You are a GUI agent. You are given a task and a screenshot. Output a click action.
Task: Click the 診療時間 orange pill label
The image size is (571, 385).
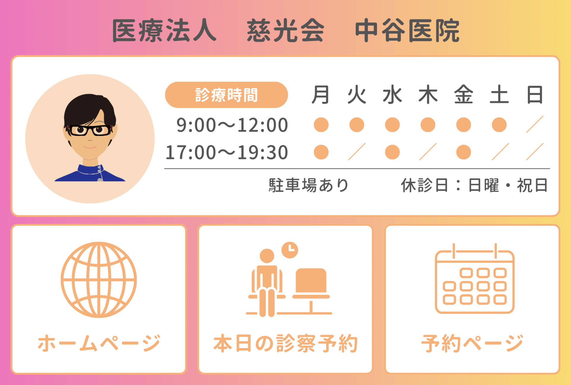tap(226, 95)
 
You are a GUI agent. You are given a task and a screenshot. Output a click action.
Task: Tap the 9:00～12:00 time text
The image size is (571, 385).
tap(232, 125)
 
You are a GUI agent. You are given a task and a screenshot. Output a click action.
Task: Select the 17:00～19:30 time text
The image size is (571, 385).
tap(227, 153)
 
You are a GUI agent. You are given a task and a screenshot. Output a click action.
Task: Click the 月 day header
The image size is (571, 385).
tap(321, 95)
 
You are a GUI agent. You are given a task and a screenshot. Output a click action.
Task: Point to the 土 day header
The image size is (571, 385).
tap(499, 95)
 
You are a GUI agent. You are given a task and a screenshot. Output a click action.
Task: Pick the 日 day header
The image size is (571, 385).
tap(535, 95)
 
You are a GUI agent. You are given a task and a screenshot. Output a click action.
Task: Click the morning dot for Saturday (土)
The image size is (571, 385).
tap(499, 125)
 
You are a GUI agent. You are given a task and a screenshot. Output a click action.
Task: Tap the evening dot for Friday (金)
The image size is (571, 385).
tap(463, 152)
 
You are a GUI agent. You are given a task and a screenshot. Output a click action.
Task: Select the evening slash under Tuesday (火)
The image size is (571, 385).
tap(357, 152)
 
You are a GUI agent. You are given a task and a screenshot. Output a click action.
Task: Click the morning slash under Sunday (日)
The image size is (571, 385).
tap(535, 124)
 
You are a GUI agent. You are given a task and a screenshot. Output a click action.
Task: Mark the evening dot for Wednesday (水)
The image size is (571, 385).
tap(392, 152)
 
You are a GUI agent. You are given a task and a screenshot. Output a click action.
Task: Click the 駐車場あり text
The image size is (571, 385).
tap(308, 185)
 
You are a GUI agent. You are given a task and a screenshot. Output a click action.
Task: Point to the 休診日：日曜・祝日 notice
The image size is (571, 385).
tap(474, 185)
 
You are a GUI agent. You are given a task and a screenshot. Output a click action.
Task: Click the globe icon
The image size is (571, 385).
tap(99, 280)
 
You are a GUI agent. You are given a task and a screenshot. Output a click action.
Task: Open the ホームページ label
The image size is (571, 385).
tap(99, 343)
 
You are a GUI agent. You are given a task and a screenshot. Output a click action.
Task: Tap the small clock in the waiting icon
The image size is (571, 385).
tap(290, 250)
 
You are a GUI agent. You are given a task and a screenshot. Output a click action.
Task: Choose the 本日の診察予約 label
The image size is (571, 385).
tap(285, 343)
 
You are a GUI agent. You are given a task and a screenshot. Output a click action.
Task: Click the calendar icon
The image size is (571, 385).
tap(475, 279)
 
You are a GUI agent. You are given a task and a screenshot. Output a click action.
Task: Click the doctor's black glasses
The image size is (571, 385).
tap(90, 130)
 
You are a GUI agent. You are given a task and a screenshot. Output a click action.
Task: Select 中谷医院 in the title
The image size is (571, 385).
tap(407, 31)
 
